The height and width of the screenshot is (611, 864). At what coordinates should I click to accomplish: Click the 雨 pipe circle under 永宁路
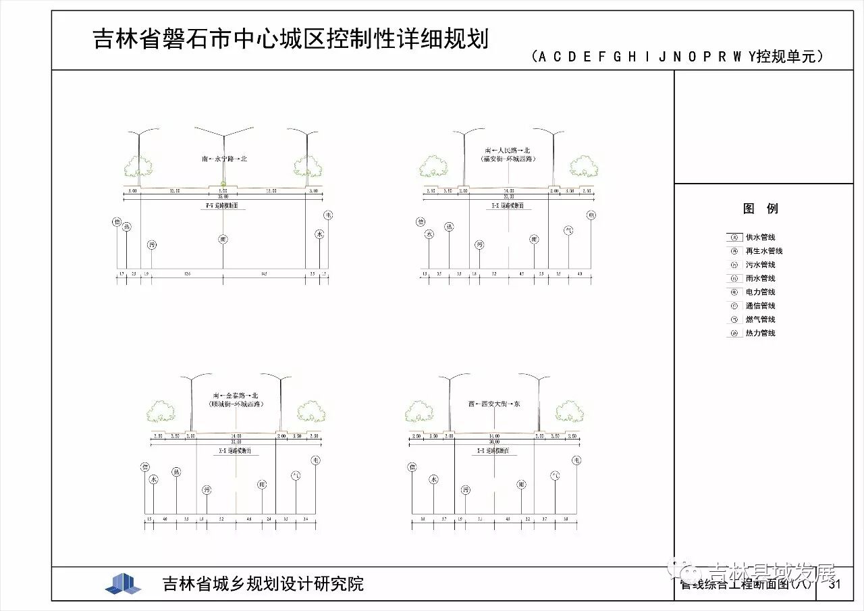[x=223, y=238]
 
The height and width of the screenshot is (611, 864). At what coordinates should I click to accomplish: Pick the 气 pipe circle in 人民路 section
[x=568, y=230]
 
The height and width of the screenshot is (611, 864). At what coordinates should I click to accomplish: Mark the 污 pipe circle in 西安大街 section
[x=466, y=490]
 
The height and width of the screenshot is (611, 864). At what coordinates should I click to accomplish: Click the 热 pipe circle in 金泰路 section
[x=177, y=471]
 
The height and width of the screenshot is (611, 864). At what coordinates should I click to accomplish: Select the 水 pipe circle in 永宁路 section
[x=320, y=234]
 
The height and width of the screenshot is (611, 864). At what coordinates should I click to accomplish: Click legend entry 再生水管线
[x=763, y=251]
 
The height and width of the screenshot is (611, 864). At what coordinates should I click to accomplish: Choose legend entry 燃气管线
[x=760, y=319]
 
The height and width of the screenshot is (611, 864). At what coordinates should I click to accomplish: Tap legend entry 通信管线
[x=760, y=306]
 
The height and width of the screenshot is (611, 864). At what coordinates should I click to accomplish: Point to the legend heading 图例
[x=761, y=209]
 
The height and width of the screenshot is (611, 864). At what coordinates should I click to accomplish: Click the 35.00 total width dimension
[x=223, y=196]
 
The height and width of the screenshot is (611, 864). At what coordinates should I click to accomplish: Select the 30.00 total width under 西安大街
[x=495, y=442]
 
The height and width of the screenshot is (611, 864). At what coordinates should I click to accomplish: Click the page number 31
[x=835, y=584]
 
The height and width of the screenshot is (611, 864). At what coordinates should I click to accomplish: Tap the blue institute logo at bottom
[x=123, y=583]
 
